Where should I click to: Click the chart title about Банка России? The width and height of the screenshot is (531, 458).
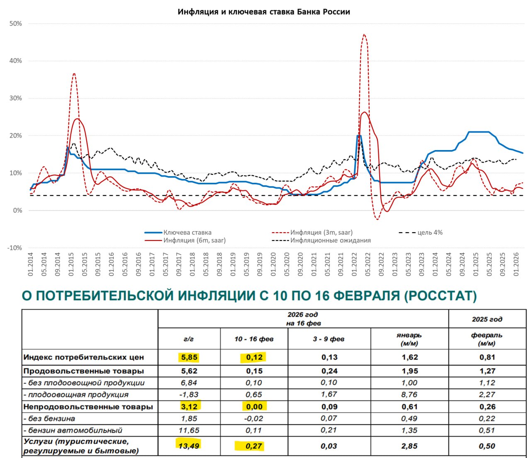pos(264,12)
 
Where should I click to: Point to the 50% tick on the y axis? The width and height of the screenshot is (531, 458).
pos(15,24)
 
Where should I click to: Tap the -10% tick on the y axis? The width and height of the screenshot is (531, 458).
pos(15,248)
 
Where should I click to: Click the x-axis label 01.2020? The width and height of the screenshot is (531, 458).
pos(273,264)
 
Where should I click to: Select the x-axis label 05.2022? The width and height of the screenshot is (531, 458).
pos(368,264)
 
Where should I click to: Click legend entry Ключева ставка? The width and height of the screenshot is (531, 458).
pos(187,233)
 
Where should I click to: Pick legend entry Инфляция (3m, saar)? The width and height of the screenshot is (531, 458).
pos(321,233)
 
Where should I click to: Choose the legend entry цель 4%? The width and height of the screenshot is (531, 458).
pos(430,233)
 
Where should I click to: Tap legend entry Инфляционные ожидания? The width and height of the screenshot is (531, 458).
pos(330,240)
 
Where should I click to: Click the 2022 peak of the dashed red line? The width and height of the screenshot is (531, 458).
pos(364,35)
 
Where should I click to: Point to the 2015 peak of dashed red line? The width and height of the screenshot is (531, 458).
pos(74,74)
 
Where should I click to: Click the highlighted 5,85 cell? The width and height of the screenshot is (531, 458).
pos(189,357)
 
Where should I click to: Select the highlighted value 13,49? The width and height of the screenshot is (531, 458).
pos(189,446)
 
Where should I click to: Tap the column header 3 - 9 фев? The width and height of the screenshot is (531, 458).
pos(329,339)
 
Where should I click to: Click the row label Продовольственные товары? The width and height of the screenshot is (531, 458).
pos(84,371)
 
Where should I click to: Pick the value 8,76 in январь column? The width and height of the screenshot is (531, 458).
pos(409,395)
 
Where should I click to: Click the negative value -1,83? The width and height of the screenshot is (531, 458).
pos(189,395)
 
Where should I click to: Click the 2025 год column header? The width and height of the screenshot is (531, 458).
pos(487,319)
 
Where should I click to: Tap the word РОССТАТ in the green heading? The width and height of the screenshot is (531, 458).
pos(441,296)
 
